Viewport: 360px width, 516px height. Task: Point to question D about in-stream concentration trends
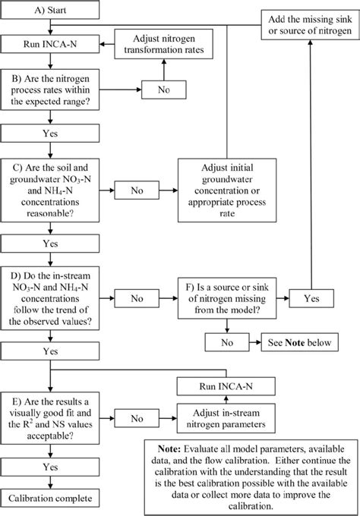(x=50, y=298)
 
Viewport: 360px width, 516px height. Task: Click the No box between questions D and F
(x=137, y=299)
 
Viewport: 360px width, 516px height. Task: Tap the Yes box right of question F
(x=310, y=299)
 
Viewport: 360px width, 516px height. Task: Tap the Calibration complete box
(x=50, y=499)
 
